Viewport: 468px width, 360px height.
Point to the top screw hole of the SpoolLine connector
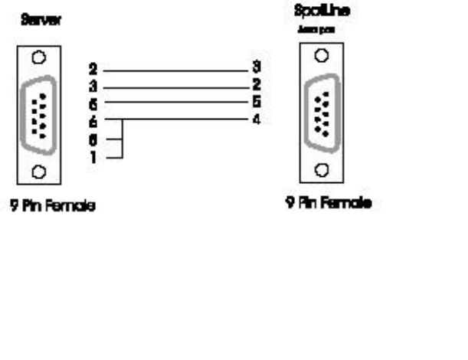click(x=323, y=55)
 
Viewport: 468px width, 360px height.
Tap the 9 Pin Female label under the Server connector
click(x=54, y=206)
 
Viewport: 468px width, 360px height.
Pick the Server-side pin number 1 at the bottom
click(x=93, y=158)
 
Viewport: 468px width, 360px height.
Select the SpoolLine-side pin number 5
click(x=256, y=102)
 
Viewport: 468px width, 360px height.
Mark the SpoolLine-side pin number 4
click(x=256, y=119)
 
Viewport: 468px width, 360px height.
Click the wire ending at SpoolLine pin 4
click(x=184, y=119)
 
